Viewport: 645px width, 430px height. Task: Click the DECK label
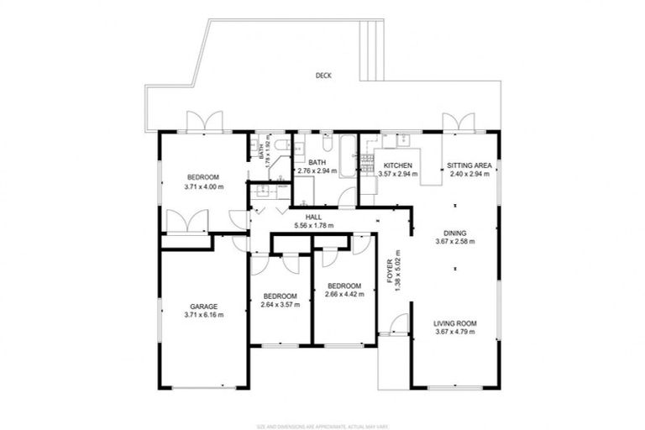click(323, 75)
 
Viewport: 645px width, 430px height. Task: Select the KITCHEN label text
click(396, 165)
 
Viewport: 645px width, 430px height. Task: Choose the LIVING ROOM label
click(455, 323)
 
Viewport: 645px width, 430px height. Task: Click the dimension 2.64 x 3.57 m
click(280, 305)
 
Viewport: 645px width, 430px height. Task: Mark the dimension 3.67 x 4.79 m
click(455, 333)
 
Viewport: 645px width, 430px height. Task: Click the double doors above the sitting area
click(459, 123)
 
